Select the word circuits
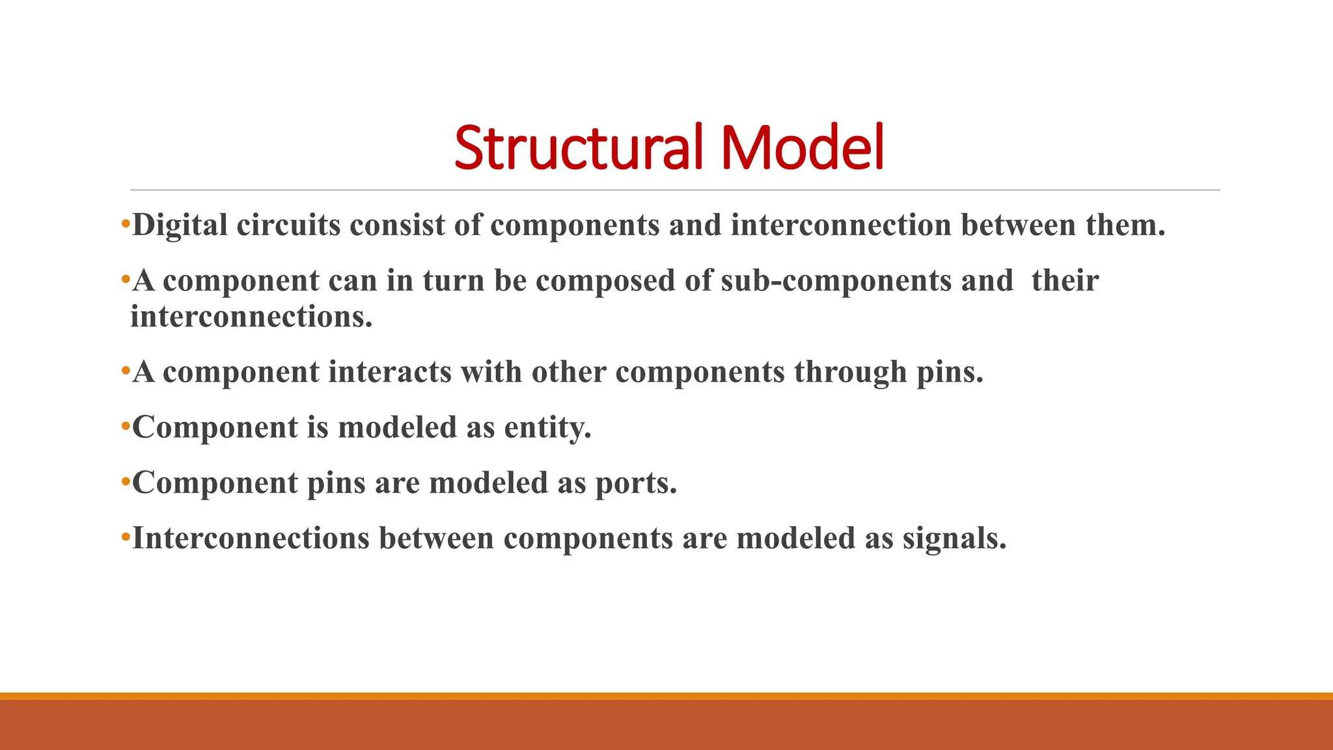coord(288,226)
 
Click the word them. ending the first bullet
coord(1125,226)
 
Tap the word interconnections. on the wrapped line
coord(251,317)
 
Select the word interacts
coord(389,372)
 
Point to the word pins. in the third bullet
coord(950,372)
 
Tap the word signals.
coord(954,538)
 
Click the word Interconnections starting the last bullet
coord(251,538)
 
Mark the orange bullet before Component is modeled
coord(126,428)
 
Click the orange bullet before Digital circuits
coord(126,226)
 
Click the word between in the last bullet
coord(436,538)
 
